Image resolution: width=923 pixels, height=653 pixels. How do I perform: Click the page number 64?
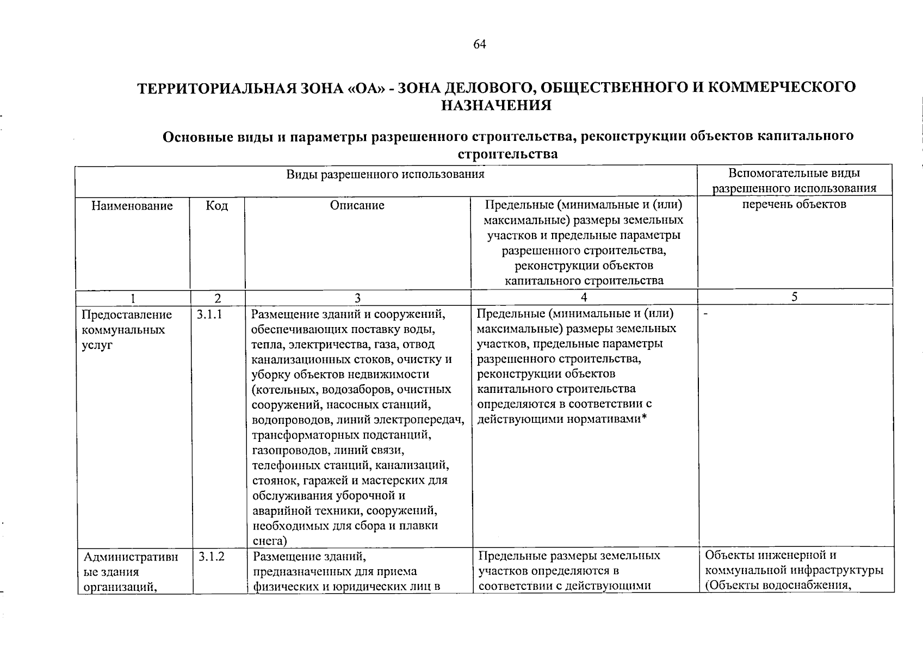click(x=479, y=45)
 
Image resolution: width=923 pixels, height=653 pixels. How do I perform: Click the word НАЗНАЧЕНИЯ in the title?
click(x=495, y=106)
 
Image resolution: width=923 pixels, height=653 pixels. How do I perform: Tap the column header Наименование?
click(x=132, y=206)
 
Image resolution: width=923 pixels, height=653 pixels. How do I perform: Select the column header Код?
click(x=217, y=206)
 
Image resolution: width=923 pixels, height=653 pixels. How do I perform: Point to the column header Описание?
click(x=357, y=205)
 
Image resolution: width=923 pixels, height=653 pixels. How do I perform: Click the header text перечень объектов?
click(x=794, y=205)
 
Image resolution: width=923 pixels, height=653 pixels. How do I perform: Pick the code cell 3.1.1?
click(x=210, y=315)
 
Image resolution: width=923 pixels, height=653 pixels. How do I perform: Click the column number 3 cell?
click(x=357, y=298)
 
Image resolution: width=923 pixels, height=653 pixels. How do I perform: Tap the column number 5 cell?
click(x=795, y=297)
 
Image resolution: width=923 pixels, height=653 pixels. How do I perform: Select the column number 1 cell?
click(x=132, y=298)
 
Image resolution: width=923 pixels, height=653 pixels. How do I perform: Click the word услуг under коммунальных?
click(x=97, y=345)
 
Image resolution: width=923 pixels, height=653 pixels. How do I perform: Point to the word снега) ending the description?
click(x=270, y=541)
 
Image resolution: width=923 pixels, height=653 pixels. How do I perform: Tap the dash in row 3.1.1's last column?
click(x=705, y=315)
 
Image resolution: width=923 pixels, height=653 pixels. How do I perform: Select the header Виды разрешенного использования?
click(x=385, y=174)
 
